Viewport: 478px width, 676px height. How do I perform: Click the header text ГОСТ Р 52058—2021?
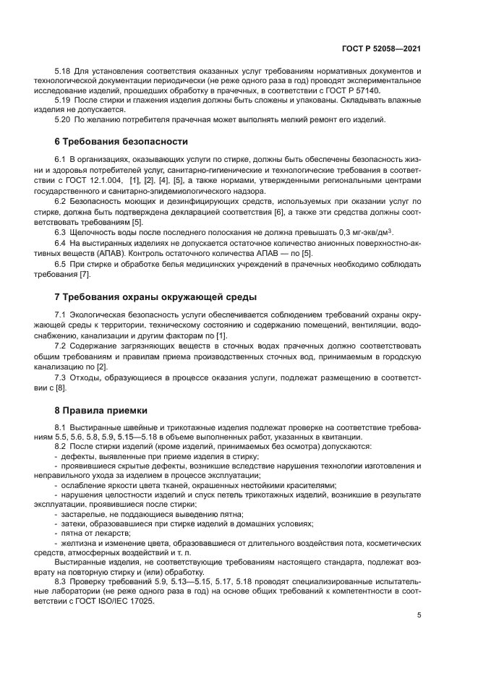click(381, 49)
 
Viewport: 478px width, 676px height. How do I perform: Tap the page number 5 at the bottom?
click(419, 615)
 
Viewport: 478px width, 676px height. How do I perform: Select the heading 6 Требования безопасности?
click(121, 141)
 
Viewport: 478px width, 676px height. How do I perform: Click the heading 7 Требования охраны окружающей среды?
click(155, 297)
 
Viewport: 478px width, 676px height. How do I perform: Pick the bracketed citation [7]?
click(85, 275)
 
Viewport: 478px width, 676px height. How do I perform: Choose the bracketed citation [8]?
click(61, 388)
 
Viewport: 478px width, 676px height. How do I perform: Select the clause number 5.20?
click(62, 119)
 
